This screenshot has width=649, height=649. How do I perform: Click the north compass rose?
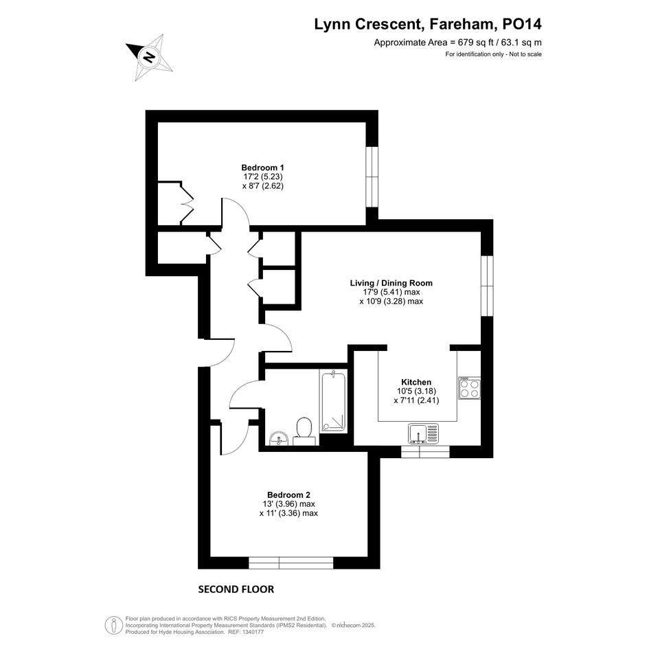pyautogui.click(x=150, y=57)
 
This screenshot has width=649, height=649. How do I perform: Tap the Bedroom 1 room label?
pyautogui.click(x=262, y=168)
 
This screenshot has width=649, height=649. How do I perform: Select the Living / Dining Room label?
pyautogui.click(x=391, y=283)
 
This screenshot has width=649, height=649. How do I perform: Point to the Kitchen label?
pyautogui.click(x=416, y=382)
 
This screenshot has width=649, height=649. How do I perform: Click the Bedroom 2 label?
pyautogui.click(x=288, y=494)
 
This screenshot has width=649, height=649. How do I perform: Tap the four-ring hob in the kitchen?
pyautogui.click(x=469, y=388)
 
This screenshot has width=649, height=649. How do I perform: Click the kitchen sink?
pyautogui.click(x=423, y=433)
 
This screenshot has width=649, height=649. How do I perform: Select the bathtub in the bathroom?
pyautogui.click(x=333, y=402)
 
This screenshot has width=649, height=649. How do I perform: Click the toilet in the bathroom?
pyautogui.click(x=305, y=432)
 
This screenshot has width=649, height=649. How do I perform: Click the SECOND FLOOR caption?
pyautogui.click(x=236, y=589)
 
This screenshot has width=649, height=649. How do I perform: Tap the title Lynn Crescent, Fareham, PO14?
pyautogui.click(x=428, y=24)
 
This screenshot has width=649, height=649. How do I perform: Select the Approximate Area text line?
pyautogui.click(x=458, y=42)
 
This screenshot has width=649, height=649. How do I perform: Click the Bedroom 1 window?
pyautogui.click(x=372, y=177)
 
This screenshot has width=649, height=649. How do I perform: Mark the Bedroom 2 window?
pyautogui.click(x=291, y=563)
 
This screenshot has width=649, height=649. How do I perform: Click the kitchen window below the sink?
pyautogui.click(x=425, y=452)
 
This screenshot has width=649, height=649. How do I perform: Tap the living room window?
pyautogui.click(x=487, y=286)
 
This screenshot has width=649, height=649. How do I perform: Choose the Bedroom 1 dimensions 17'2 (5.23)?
pyautogui.click(x=262, y=177)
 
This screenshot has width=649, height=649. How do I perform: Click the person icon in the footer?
pyautogui.click(x=111, y=625)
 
